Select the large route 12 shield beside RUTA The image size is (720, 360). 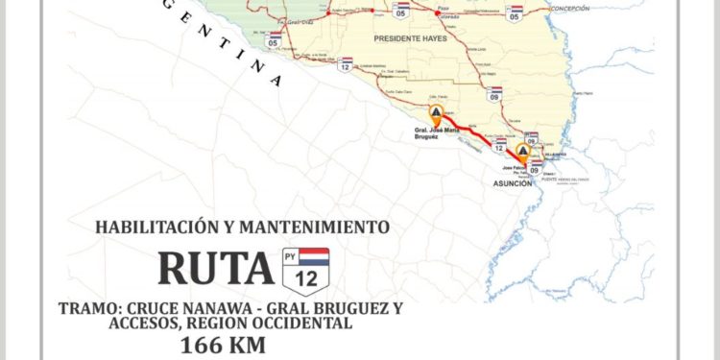305,269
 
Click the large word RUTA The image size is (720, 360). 215,269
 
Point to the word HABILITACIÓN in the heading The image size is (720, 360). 153,228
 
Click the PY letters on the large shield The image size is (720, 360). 291,255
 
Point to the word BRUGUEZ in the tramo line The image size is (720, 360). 365,308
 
